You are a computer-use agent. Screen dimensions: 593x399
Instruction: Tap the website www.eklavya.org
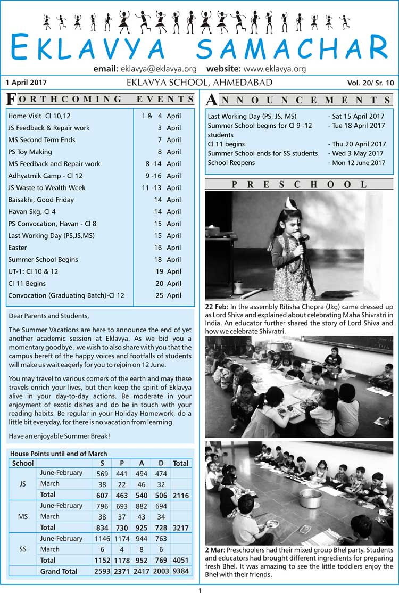pyautogui.click(x=275, y=69)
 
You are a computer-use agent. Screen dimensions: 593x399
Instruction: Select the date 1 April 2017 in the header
pyautogui.click(x=26, y=83)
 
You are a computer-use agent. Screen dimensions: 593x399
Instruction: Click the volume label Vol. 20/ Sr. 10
pyautogui.click(x=371, y=83)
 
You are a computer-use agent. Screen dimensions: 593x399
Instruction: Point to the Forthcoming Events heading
pyautogui.click(x=100, y=99)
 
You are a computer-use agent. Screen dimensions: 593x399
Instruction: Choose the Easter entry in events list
pyautogui.click(x=18, y=248)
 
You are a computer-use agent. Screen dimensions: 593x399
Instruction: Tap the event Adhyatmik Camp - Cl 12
pyautogui.click(x=45, y=176)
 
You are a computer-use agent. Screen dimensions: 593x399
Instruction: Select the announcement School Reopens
pyautogui.click(x=231, y=162)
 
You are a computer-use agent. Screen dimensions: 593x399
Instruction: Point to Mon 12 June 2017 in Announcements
pyautogui.click(x=358, y=162)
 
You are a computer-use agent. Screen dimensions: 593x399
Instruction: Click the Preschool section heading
pyautogui.click(x=299, y=184)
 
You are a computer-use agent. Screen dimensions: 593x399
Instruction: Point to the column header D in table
pyautogui.click(x=161, y=463)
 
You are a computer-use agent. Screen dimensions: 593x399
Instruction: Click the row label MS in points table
pyautogui.click(x=23, y=516)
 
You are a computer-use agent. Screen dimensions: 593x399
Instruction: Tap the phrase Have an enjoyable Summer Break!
pyautogui.click(x=59, y=436)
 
